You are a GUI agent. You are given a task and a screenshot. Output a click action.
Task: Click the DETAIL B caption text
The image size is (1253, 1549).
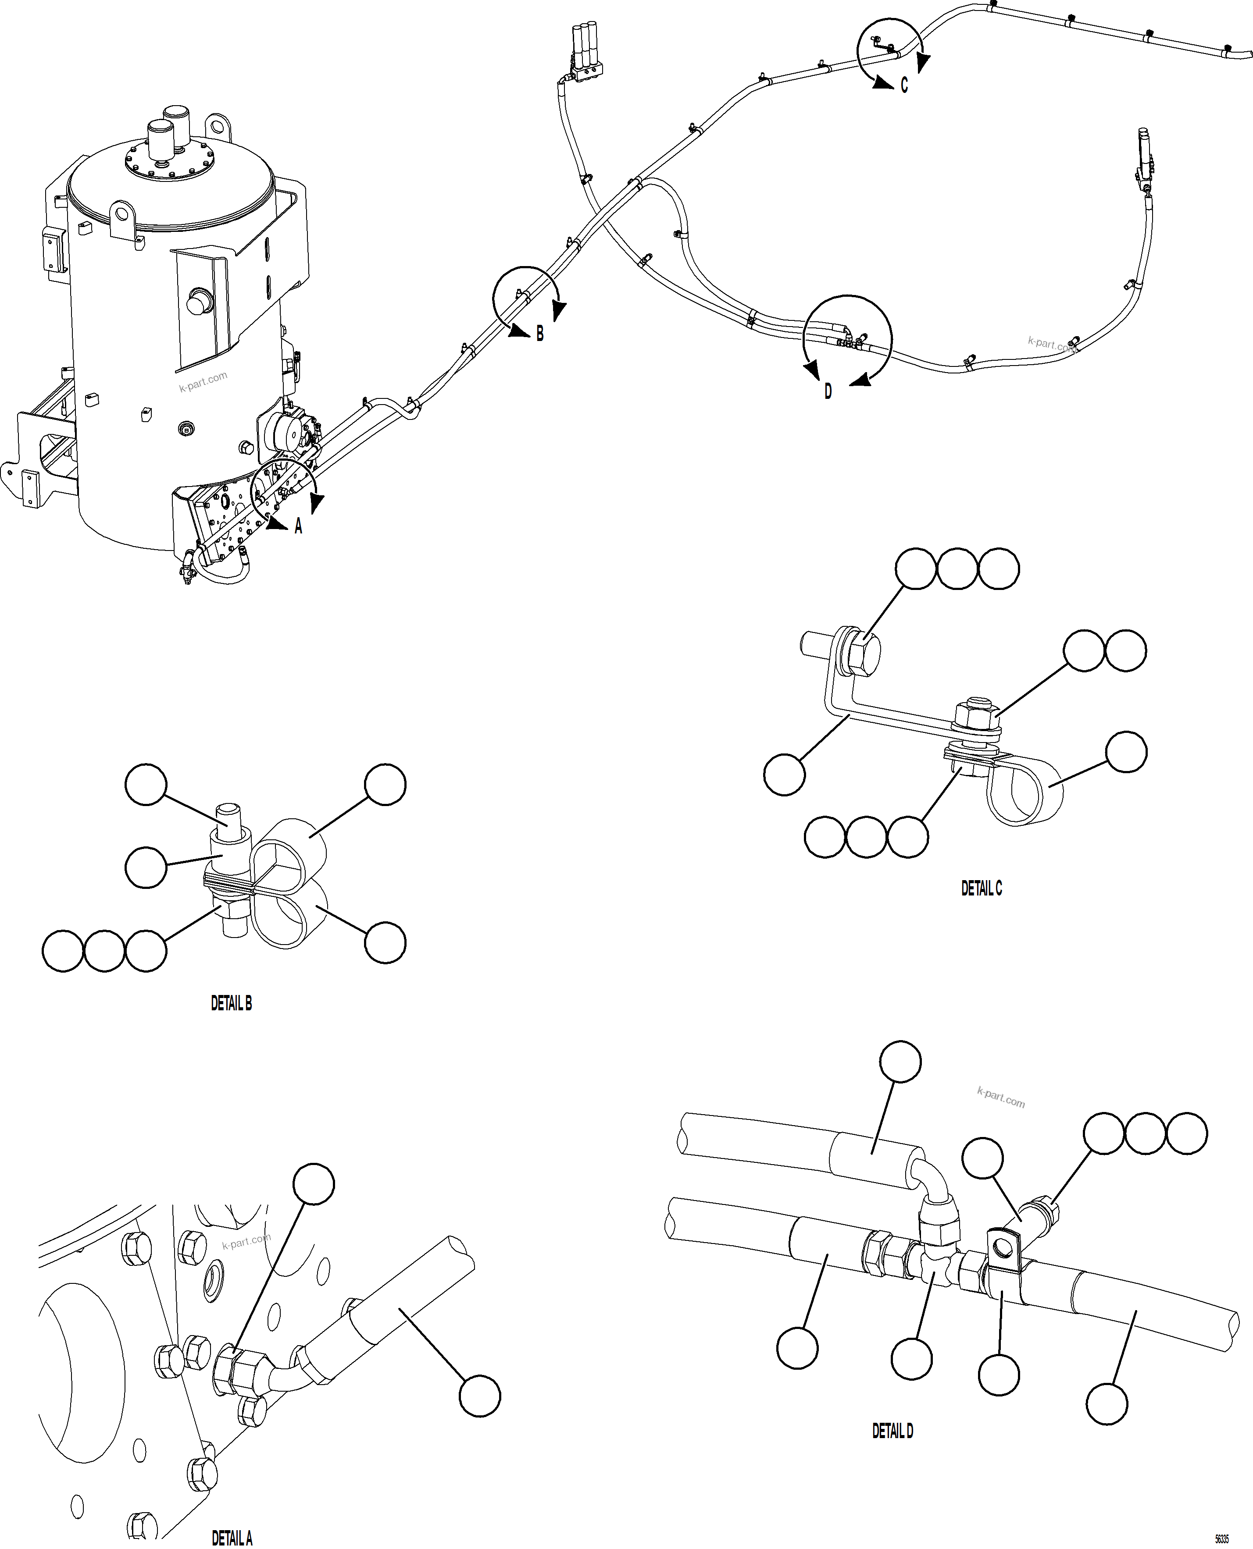pyautogui.click(x=231, y=1004)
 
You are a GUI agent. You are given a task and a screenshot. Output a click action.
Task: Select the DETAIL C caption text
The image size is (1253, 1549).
pyautogui.click(x=981, y=889)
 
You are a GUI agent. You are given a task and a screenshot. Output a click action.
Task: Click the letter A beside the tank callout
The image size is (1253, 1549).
pyautogui.click(x=298, y=527)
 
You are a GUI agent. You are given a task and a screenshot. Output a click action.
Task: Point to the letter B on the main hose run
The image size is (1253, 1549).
pyautogui.click(x=539, y=334)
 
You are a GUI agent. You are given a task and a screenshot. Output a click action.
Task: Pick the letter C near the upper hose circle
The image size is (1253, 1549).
pyautogui.click(x=903, y=86)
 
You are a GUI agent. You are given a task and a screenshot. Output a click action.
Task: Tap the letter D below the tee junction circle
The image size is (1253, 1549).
pyautogui.click(x=828, y=392)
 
